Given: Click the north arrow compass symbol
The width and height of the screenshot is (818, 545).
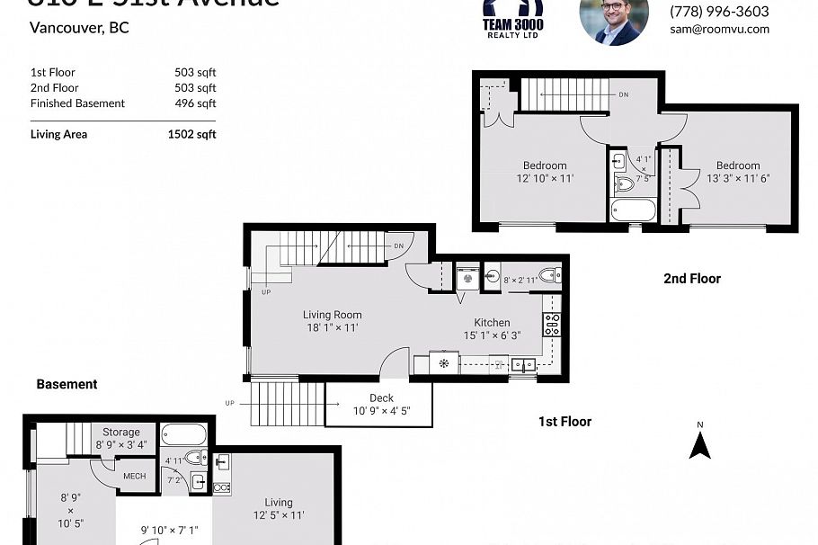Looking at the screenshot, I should point(699,442).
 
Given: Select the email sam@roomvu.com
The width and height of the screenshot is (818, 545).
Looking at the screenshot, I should point(719,29).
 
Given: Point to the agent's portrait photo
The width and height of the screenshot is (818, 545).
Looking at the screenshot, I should point(614,20).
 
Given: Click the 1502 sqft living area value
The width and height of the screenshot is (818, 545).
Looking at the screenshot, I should point(191,135).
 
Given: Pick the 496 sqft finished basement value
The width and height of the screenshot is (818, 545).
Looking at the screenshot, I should point(195,103).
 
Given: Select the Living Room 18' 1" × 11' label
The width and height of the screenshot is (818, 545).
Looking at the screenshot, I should point(332,322).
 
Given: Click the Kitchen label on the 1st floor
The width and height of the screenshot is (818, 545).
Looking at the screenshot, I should point(492,323).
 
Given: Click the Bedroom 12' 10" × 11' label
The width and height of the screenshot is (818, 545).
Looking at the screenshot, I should point(545,172).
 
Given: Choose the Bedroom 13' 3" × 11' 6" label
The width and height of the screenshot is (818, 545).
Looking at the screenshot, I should point(737,172).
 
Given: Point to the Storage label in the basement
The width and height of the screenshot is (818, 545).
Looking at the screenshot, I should point(120,433).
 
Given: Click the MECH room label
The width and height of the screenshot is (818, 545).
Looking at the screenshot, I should point(134,476).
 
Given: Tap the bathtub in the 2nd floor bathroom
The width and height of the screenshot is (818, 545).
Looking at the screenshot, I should point(634,210).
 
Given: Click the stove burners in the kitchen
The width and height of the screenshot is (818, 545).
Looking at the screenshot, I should point(551,325).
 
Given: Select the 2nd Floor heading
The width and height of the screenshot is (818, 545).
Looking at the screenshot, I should point(692,279).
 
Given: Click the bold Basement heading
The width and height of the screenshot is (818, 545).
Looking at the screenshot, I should point(67,384).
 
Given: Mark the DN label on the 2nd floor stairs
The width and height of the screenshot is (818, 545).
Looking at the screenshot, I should point(623,94).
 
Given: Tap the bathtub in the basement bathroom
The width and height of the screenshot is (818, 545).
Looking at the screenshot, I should point(184,435).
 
